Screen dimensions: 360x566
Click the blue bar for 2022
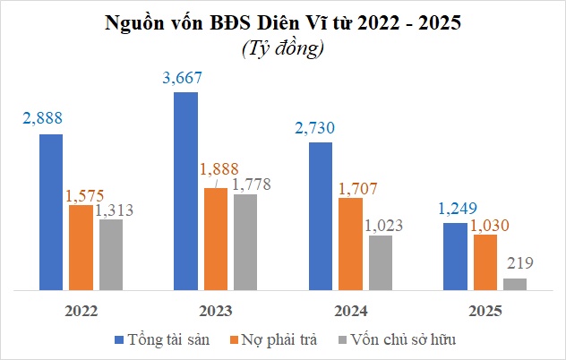click(51, 213)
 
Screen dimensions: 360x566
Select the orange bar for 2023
click(216, 240)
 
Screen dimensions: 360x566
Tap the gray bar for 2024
click(381, 263)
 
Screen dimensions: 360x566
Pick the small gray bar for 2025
click(515, 285)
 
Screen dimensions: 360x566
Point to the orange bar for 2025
click(485, 262)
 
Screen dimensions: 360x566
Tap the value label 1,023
click(383, 225)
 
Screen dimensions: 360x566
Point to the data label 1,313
click(114, 210)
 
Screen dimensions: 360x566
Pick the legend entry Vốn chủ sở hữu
click(399, 341)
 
